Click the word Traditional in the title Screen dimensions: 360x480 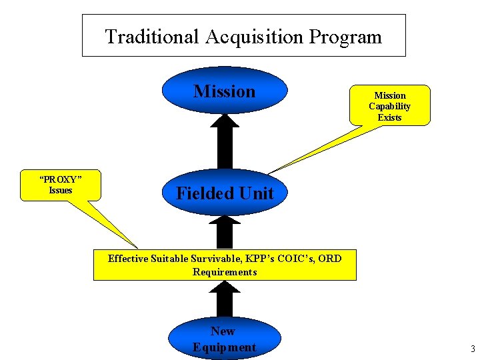click(151, 37)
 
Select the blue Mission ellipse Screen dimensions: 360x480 click(225, 91)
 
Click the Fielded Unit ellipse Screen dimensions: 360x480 click(225, 193)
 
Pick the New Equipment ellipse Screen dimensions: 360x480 click(223, 339)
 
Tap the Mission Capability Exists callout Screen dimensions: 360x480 click(390, 106)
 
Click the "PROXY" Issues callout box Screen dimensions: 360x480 click(61, 185)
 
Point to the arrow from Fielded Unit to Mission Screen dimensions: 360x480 click(225, 143)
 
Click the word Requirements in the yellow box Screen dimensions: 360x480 click(225, 272)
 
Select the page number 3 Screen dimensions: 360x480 click(472, 348)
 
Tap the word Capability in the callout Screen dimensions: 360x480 click(390, 107)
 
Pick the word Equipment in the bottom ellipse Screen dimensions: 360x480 click(224, 347)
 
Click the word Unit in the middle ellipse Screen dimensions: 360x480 click(257, 193)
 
